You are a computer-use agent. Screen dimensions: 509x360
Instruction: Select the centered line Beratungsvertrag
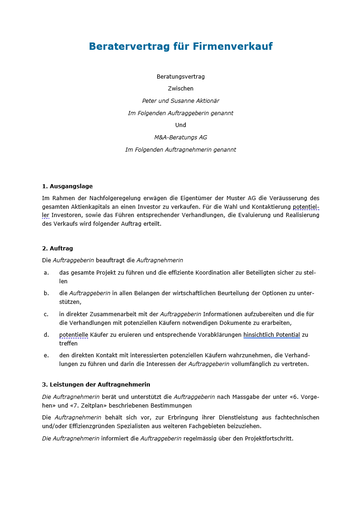(180, 76)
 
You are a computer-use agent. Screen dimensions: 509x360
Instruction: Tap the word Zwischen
(180, 88)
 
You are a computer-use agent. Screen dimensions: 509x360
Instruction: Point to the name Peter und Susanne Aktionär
(180, 101)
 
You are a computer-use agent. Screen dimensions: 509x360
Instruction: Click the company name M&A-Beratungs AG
(180, 137)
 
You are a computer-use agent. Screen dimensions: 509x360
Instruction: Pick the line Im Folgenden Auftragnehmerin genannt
(180, 149)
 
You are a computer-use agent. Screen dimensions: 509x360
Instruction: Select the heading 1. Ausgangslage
(67, 186)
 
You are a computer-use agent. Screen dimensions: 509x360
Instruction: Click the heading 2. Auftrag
(58, 248)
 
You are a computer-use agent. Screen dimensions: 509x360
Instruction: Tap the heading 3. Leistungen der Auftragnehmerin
(96, 384)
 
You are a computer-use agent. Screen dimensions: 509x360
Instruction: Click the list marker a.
(46, 272)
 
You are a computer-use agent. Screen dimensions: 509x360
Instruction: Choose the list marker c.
(46, 314)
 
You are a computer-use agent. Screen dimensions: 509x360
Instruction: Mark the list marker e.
(46, 355)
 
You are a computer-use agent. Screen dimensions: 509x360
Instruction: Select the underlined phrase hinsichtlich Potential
(271, 334)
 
